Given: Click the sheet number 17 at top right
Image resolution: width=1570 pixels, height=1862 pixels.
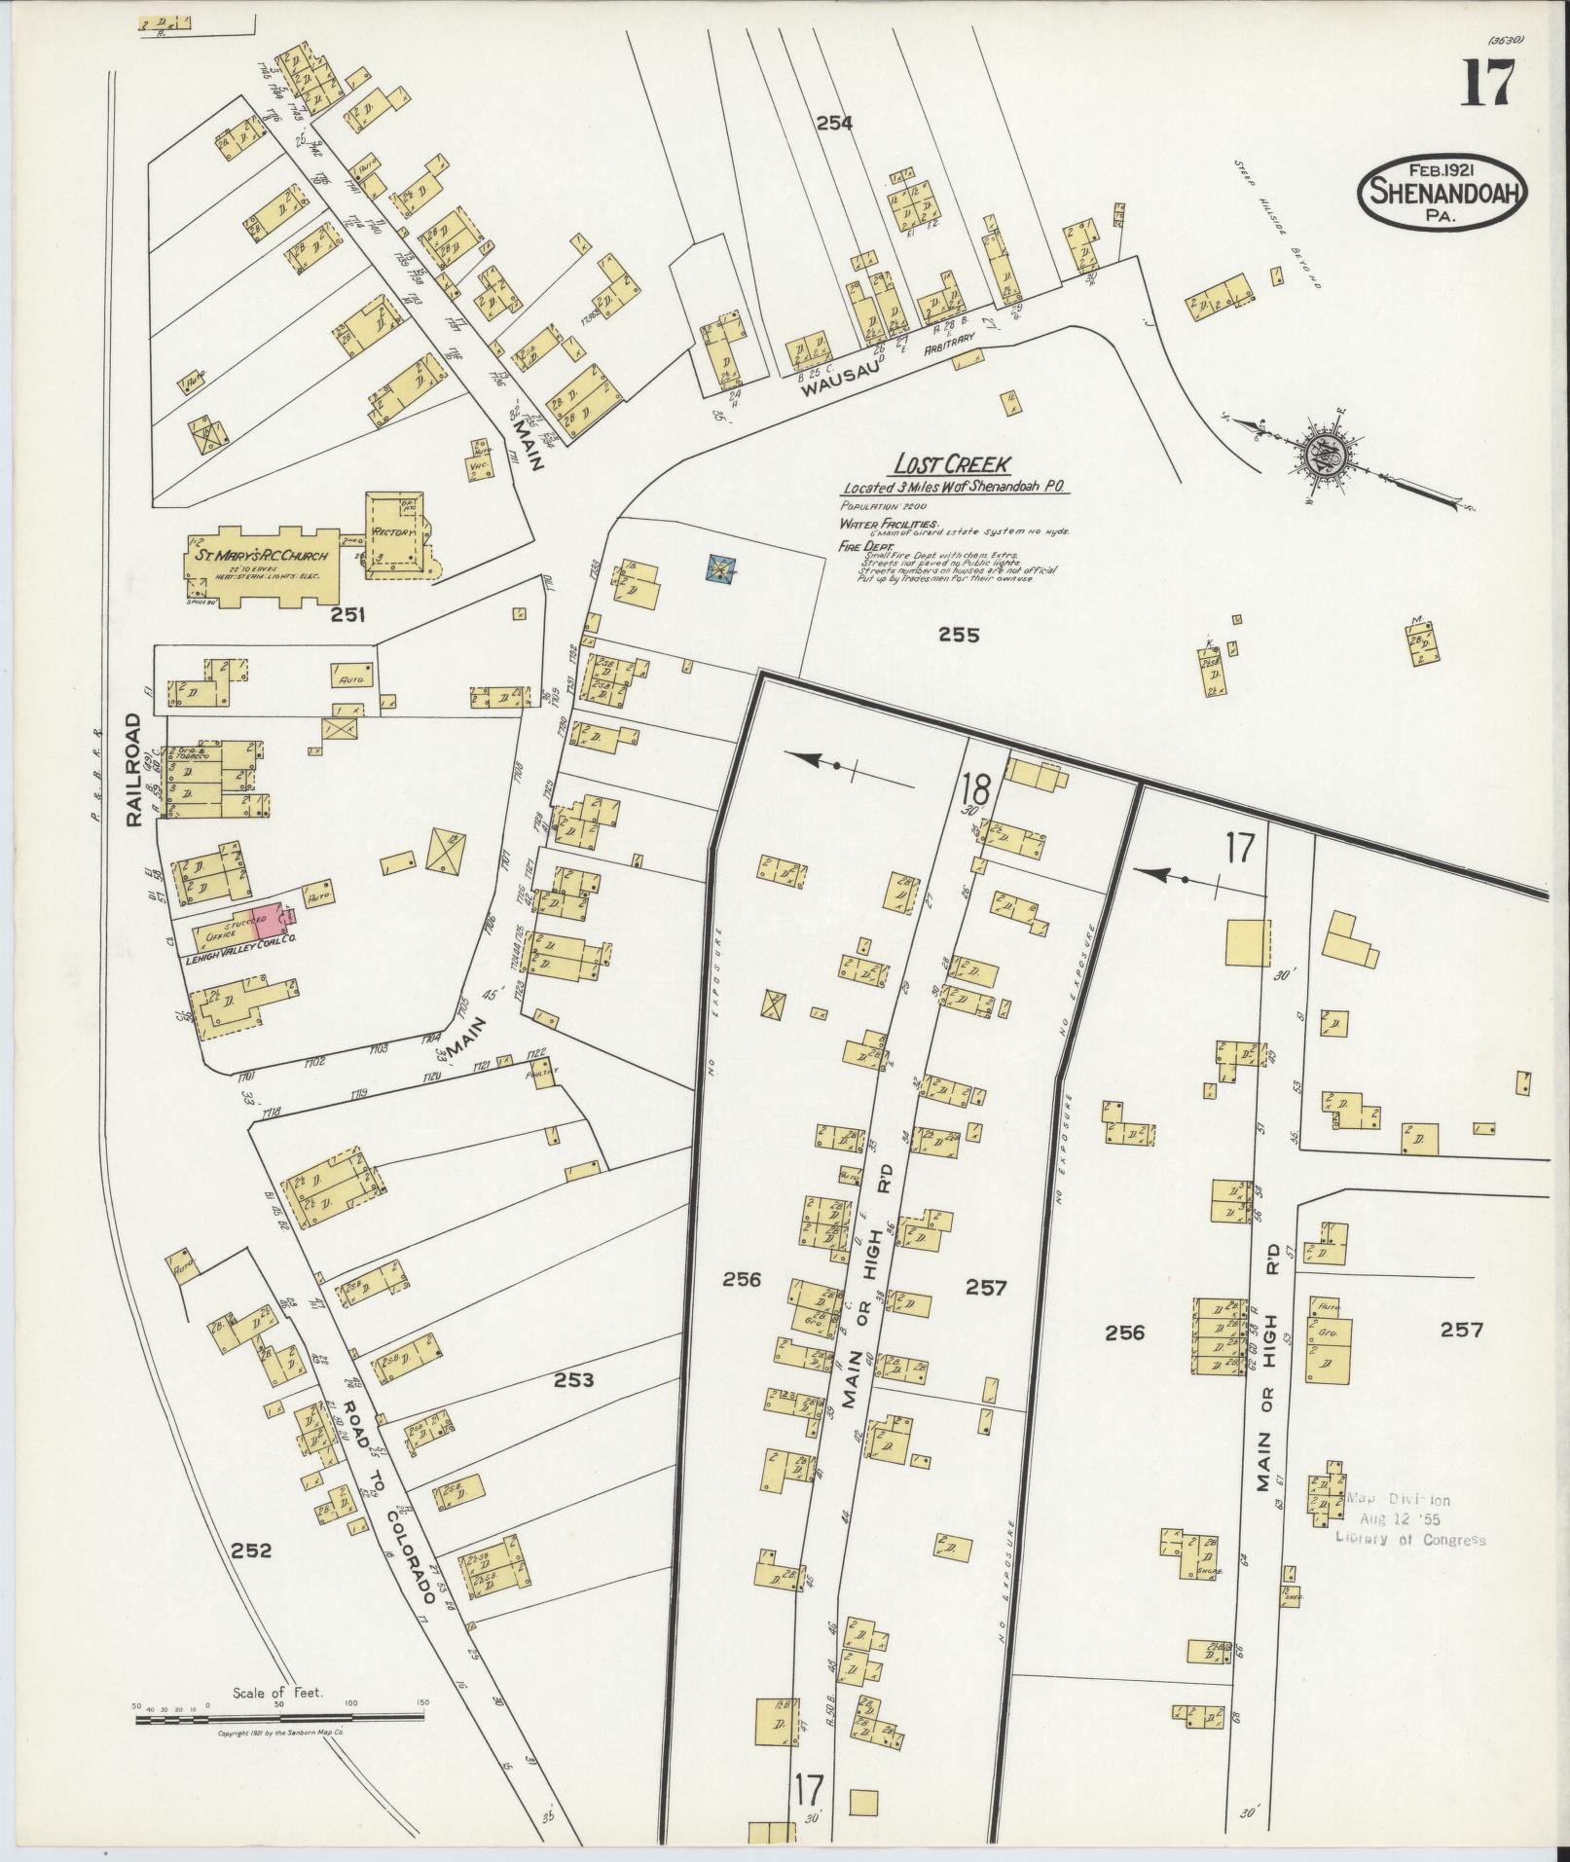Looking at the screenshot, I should pyautogui.click(x=1487, y=84).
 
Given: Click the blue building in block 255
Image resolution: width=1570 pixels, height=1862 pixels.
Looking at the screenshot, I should pyautogui.click(x=720, y=568).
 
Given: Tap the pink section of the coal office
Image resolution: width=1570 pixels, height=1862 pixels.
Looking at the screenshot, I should pyautogui.click(x=276, y=921).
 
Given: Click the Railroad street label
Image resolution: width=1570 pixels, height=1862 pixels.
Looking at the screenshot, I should pyautogui.click(x=134, y=770).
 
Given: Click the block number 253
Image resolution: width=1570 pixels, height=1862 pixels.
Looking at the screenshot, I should pyautogui.click(x=574, y=1379).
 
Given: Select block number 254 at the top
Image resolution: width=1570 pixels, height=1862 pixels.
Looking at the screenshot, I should pyautogui.click(x=834, y=123).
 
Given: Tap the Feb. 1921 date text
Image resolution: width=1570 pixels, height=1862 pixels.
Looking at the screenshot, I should pyautogui.click(x=1443, y=167).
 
